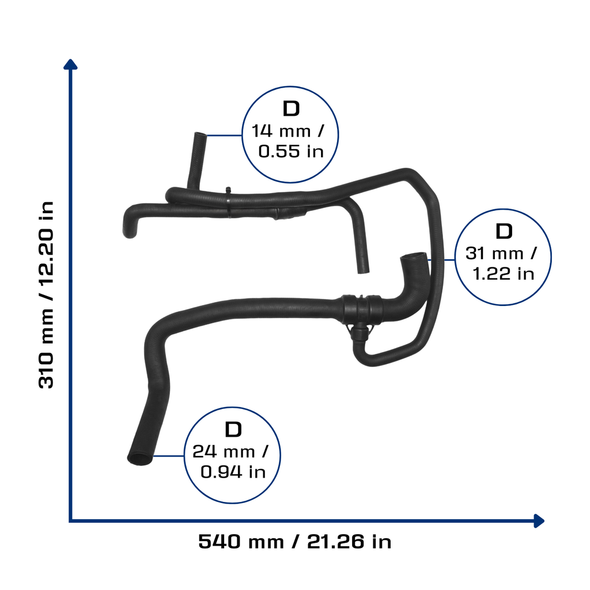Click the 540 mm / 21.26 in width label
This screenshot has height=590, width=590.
click(x=294, y=542)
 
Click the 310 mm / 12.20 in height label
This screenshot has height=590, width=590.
click(x=46, y=294)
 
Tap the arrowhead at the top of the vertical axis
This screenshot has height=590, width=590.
click(x=70, y=65)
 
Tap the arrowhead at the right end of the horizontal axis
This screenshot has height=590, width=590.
click(x=539, y=521)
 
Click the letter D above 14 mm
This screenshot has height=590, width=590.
click(x=291, y=109)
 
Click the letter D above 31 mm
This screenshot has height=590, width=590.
click(x=504, y=231)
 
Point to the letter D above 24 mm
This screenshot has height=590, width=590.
click(x=233, y=429)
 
